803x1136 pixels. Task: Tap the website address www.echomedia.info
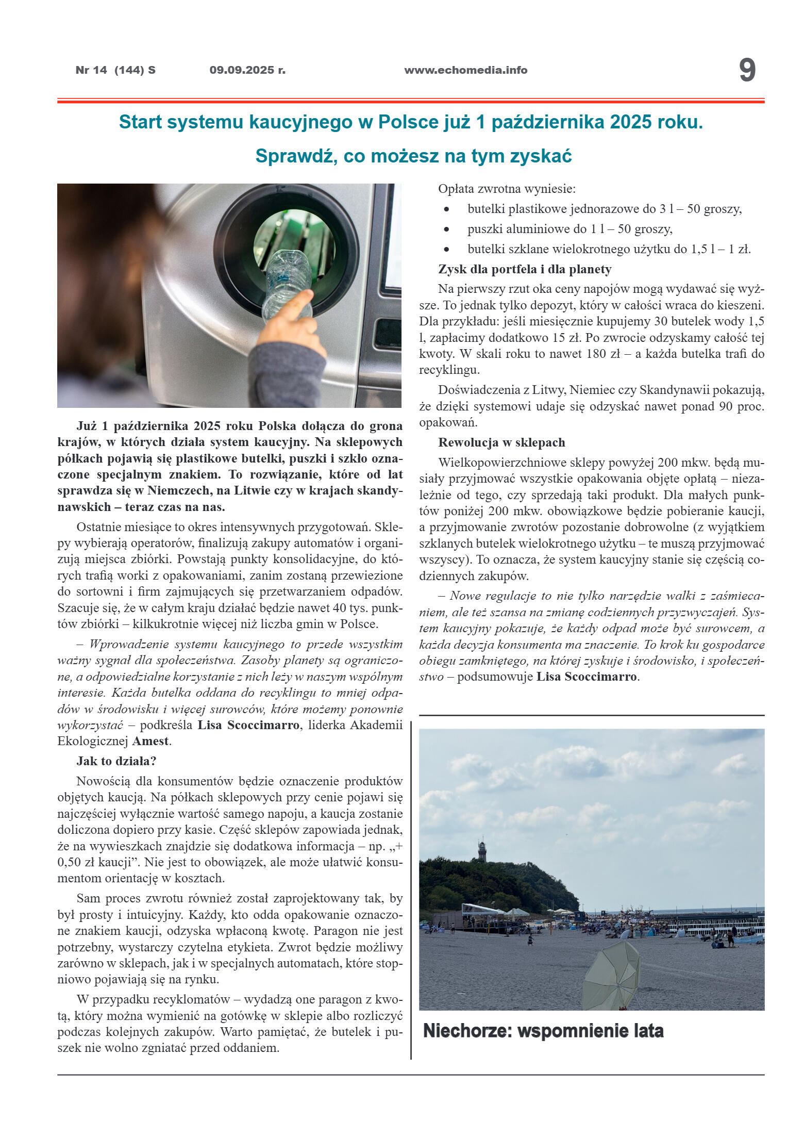465,70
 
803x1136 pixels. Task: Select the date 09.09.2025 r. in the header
247,70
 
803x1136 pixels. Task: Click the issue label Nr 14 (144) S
115,70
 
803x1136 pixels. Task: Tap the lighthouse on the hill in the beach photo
482,850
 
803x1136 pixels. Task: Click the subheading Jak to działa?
116,761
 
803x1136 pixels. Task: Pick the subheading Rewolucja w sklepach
501,442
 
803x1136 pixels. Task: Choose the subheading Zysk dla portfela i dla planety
525,269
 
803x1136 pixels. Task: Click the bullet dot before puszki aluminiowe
446,229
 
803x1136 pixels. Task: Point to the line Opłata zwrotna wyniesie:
507,189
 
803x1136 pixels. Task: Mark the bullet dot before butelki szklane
446,250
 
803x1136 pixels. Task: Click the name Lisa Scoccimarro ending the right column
587,677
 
